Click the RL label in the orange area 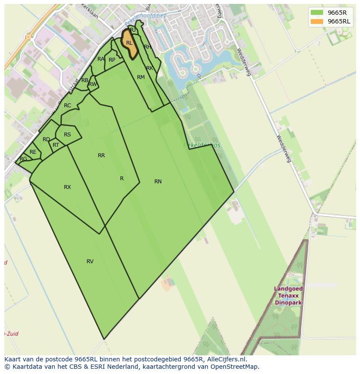[x=129, y=43]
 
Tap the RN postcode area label [x=158, y=182]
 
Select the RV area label [x=90, y=261]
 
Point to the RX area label [x=67, y=187]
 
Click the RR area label [x=101, y=156]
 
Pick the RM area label [x=141, y=77]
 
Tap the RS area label [x=67, y=135]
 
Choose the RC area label [x=67, y=106]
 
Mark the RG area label [x=23, y=159]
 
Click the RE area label [x=33, y=152]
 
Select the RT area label [x=56, y=145]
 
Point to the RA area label [x=101, y=59]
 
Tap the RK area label [x=150, y=68]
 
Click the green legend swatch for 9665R [x=317, y=13]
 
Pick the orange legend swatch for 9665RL [x=317, y=21]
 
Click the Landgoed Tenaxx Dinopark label [x=289, y=295]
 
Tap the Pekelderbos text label [x=203, y=145]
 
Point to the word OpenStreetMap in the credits [x=237, y=367]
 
